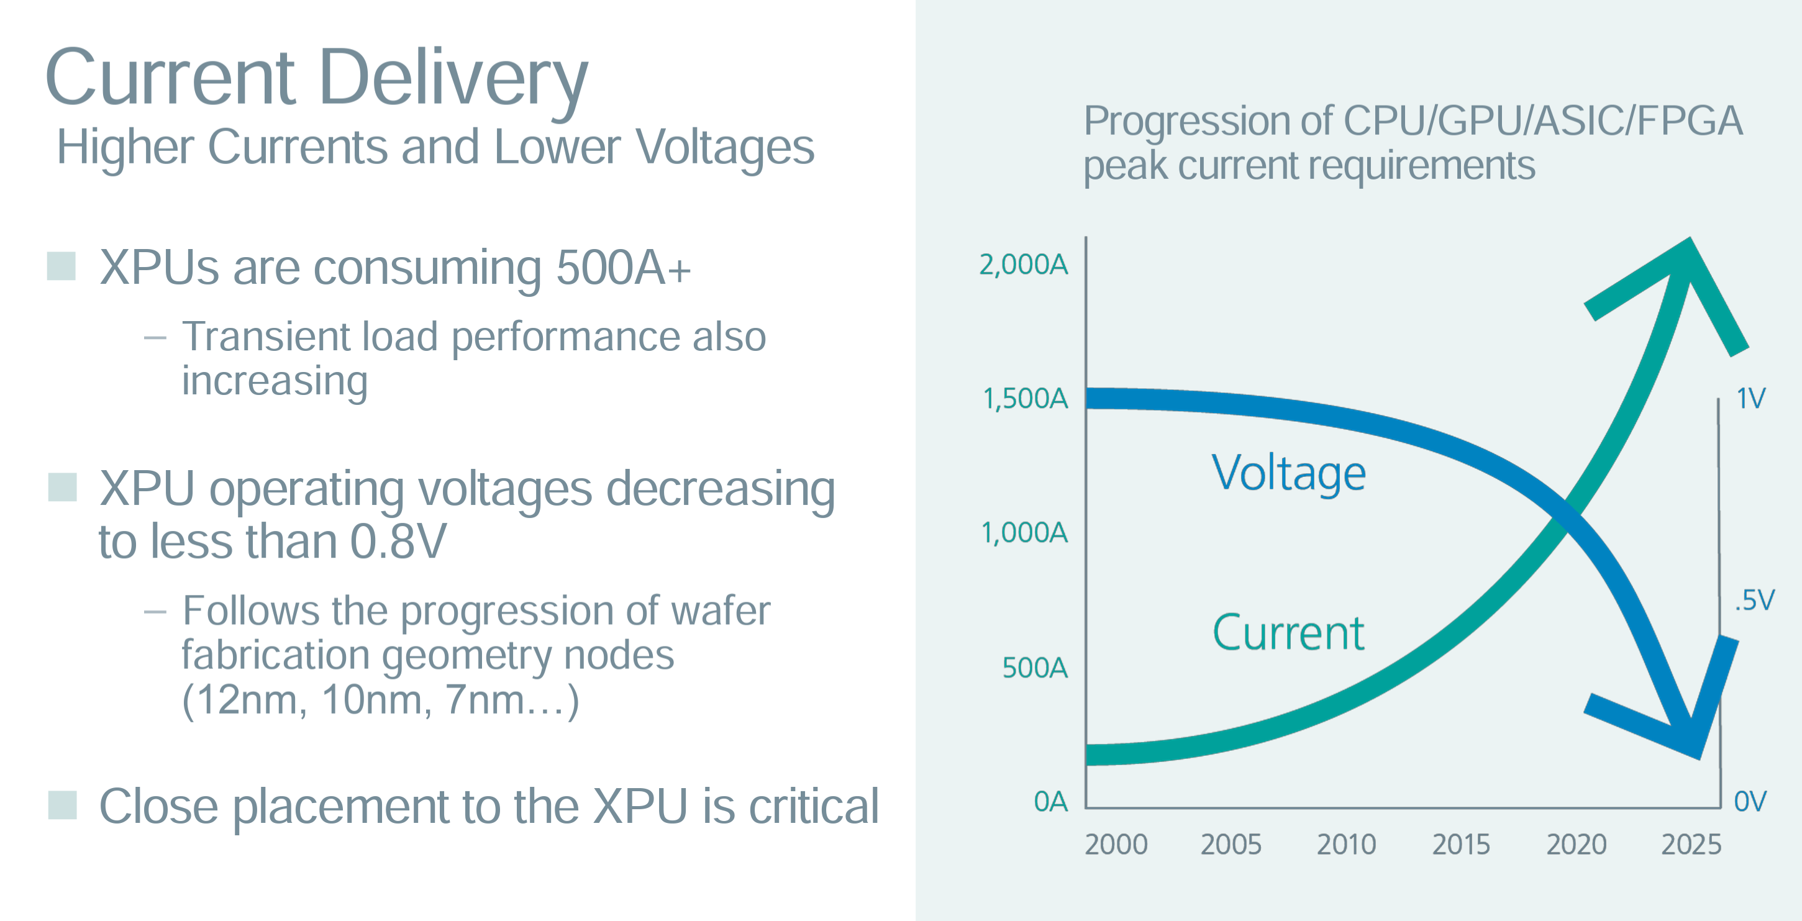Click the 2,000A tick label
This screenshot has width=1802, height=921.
[1024, 265]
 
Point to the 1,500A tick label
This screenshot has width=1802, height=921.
[1026, 399]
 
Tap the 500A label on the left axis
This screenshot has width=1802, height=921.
[1035, 668]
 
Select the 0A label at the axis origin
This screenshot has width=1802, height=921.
[1050, 801]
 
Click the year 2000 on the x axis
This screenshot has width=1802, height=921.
[1116, 845]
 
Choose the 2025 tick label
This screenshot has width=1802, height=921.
[1691, 845]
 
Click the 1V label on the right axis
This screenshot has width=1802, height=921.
[1751, 399]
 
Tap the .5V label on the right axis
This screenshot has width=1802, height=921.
[1754, 600]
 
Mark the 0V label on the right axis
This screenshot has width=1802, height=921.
[1750, 801]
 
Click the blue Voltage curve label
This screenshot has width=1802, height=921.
[1288, 473]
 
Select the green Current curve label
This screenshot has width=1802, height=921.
[1288, 633]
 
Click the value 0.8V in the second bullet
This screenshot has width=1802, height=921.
[398, 542]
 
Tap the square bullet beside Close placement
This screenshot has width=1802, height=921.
[61, 805]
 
